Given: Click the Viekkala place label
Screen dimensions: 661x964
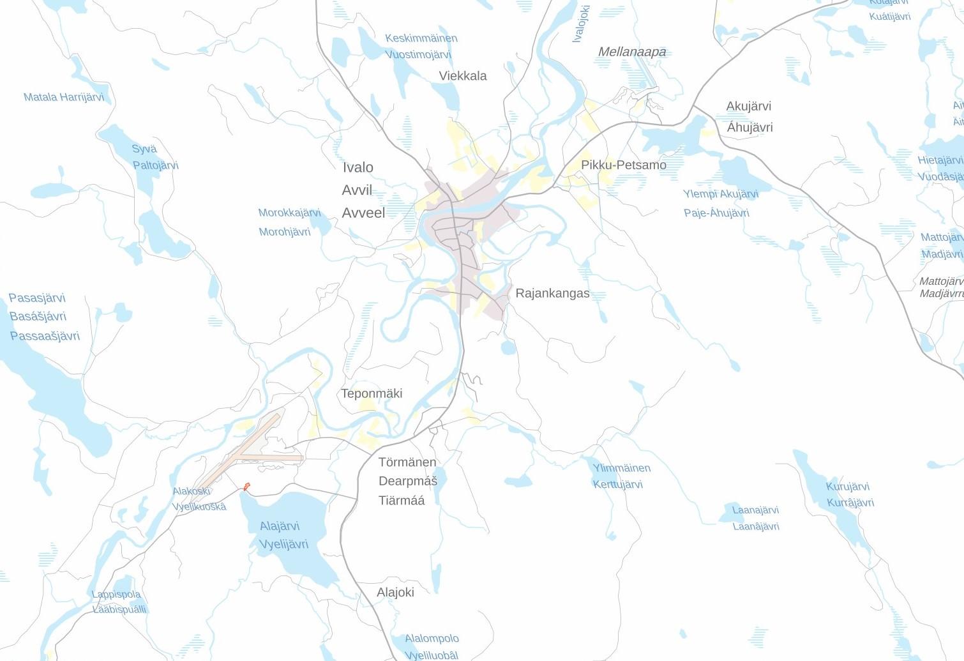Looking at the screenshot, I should (x=462, y=76).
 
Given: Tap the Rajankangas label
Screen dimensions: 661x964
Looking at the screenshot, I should (x=552, y=294).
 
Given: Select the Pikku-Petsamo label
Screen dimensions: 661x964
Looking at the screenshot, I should (x=623, y=165).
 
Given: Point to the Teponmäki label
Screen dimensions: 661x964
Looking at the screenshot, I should (x=372, y=393).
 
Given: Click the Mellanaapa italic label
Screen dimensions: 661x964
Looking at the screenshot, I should (x=632, y=52).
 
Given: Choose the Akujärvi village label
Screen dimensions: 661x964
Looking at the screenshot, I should (x=748, y=107).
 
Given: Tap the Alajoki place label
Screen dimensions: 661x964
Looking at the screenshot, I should (x=395, y=593).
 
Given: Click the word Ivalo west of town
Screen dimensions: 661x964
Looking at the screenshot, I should (x=358, y=167).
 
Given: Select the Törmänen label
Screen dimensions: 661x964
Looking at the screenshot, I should (x=407, y=462).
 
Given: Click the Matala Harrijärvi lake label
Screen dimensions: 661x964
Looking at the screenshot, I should (x=64, y=98).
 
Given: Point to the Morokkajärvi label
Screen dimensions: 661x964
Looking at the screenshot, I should (x=289, y=213).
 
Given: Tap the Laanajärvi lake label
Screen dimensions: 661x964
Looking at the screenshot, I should (x=755, y=510).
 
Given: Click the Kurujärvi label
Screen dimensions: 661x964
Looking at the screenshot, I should (x=847, y=487).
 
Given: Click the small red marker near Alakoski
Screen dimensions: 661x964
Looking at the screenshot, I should (x=246, y=487).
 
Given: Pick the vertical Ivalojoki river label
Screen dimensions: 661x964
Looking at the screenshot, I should (x=581, y=24).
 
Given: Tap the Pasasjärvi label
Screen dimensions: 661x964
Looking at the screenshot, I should (x=37, y=298).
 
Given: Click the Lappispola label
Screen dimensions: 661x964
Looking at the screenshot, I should (x=116, y=595).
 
